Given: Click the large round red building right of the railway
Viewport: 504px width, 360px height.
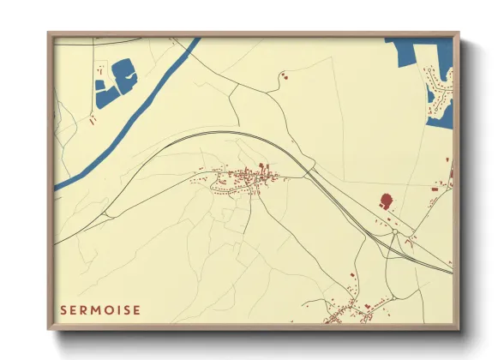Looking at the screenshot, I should [386, 201].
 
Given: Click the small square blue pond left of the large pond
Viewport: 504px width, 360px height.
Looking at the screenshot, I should [100, 85].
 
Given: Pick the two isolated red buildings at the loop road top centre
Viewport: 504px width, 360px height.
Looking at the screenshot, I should [285, 77].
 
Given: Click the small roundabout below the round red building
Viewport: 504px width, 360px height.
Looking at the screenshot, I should [393, 231].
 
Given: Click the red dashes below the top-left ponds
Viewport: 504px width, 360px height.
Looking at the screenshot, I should [93, 121].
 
